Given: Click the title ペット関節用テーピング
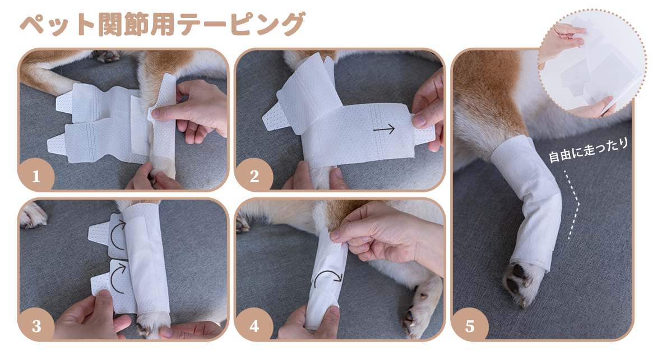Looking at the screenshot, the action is click(162, 25).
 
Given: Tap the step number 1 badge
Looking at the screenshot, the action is click(36, 176).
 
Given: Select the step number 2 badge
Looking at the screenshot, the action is click(254, 176).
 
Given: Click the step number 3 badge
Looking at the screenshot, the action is click(36, 325).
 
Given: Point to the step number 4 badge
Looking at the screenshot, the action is click(254, 325).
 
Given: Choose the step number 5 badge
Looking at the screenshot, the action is click(470, 325).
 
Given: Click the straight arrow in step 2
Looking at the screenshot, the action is click(383, 130).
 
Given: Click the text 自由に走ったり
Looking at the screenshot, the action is click(589, 150).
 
